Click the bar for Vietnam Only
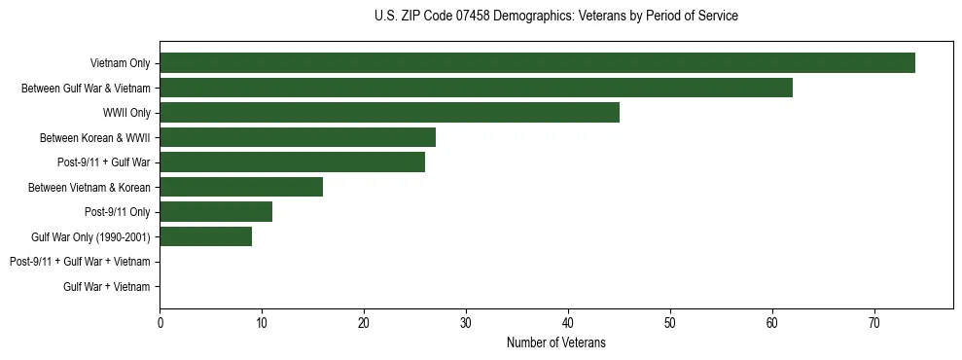[x=537, y=63]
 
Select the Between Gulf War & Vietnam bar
[x=476, y=88]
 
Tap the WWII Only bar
[x=389, y=113]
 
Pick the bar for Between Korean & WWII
[x=298, y=137]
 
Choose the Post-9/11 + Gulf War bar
[x=292, y=162]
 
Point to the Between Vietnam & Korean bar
[x=241, y=187]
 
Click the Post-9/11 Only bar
[x=216, y=211]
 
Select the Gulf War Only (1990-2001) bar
[x=205, y=236]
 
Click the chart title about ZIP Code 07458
[x=555, y=17]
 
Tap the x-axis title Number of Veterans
[x=555, y=343]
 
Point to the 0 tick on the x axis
[x=160, y=323]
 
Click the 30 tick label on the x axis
[x=466, y=323]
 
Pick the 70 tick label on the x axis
[x=874, y=323]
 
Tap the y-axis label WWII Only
[x=126, y=113]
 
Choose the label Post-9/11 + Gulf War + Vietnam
[x=80, y=262]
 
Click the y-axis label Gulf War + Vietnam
[x=107, y=286]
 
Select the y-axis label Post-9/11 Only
[x=118, y=211]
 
